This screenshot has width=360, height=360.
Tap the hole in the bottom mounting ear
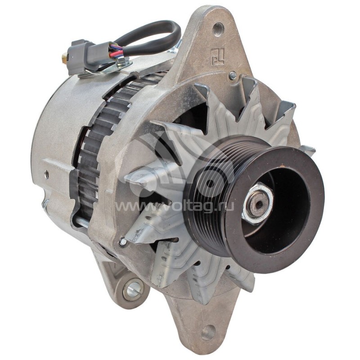click(207, 332)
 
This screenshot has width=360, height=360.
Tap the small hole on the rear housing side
click(46, 173)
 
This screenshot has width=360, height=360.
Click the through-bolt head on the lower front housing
click(122, 243)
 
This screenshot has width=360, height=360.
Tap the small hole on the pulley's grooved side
click(210, 184)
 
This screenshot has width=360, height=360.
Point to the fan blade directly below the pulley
click(211, 279)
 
